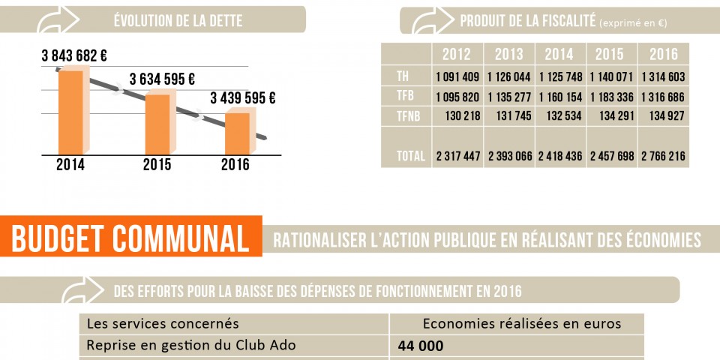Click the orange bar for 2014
pos(70,112)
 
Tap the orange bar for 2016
pos(237,133)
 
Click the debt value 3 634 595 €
pos(163,79)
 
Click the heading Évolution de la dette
pos(178,21)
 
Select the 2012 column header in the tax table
pos(457,54)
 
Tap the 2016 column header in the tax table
pos(663,54)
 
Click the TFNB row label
pos(406,115)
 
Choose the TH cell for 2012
pos(457,76)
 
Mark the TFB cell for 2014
pos(559,96)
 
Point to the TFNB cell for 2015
pos(611,115)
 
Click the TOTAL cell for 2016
pos(663,156)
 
